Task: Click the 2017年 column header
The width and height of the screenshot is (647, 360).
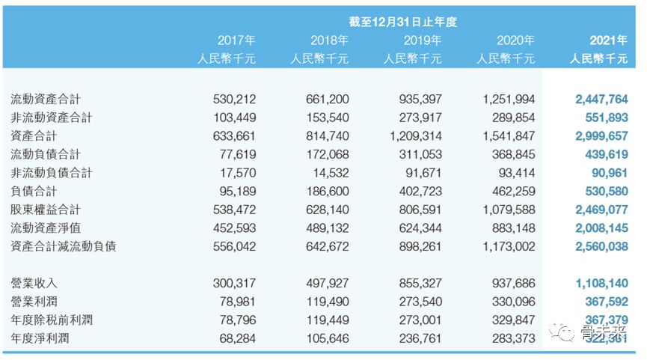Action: tap(236, 40)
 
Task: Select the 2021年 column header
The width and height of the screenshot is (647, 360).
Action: tap(608, 40)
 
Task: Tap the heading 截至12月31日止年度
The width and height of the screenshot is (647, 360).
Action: tap(403, 22)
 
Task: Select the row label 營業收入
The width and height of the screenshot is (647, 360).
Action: tap(34, 283)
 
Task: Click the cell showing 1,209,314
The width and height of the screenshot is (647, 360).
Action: tap(416, 136)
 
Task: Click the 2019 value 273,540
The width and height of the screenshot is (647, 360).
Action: tap(420, 301)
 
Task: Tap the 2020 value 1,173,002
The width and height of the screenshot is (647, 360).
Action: tap(509, 246)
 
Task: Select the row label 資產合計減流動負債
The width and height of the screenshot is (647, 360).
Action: tap(64, 246)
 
